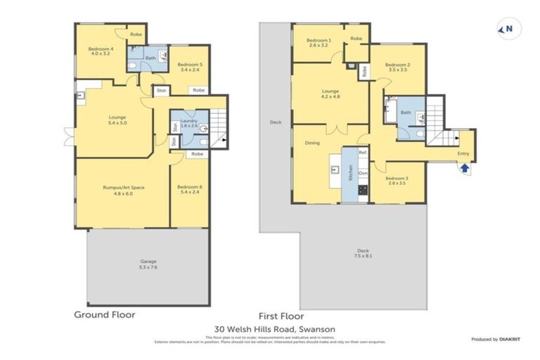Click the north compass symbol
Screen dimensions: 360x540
[x=504, y=29]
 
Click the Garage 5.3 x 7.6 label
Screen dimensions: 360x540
[x=148, y=264]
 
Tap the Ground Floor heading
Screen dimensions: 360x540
[x=105, y=315]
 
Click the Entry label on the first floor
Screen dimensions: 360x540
[x=463, y=153]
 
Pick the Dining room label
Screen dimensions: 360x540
[x=311, y=143]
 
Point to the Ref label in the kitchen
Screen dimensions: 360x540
[x=363, y=153]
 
